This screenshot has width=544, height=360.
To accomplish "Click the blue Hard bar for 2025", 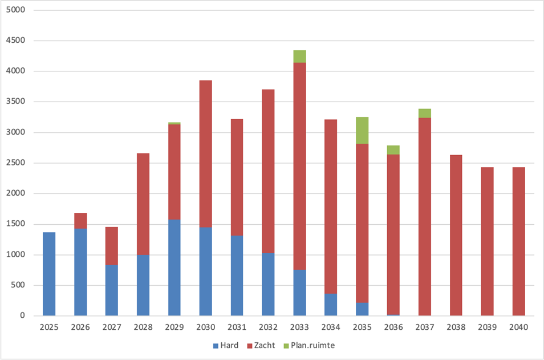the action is tap(49, 274).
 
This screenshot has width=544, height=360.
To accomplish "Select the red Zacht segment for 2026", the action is tap(80, 221).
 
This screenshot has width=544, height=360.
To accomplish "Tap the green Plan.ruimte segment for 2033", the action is tap(300, 56).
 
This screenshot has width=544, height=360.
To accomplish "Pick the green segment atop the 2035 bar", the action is tap(362, 131).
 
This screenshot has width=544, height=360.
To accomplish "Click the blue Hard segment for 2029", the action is tap(174, 268).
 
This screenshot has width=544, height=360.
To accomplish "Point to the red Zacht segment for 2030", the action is tap(206, 154).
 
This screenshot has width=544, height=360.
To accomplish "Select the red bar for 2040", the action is tap(519, 242).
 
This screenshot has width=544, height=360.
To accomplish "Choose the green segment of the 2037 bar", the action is tap(425, 114).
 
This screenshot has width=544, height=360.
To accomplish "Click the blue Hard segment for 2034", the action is tap(331, 305).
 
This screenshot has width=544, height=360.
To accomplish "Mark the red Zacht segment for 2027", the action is tap(112, 246).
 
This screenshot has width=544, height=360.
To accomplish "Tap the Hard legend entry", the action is tap(226, 345).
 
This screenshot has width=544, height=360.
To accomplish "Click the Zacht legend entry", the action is tap(261, 345).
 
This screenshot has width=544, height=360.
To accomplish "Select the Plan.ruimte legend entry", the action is tap(309, 345).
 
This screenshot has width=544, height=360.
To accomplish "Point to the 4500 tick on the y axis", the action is tap(15, 41).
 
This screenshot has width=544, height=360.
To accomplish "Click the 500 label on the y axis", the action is tap(18, 285).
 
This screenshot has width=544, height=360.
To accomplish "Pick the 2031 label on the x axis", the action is tap(237, 327).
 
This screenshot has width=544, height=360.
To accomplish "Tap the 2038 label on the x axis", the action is tap(456, 327).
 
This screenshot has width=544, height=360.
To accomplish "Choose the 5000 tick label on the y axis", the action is tap(15, 10).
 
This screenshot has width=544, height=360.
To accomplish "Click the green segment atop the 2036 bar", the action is tap(393, 150).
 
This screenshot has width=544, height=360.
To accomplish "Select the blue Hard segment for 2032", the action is tap(268, 284).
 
